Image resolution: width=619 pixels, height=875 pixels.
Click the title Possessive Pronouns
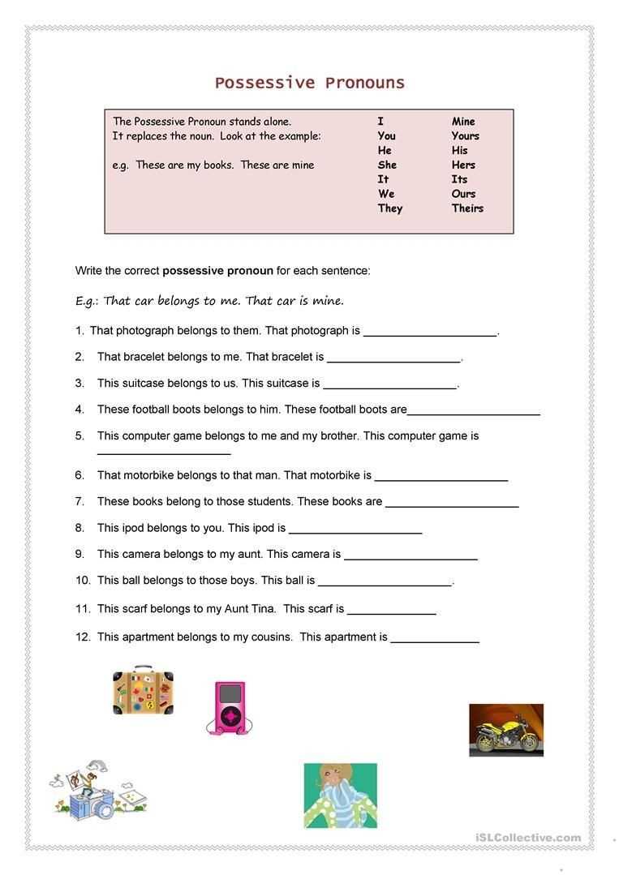[x=309, y=83]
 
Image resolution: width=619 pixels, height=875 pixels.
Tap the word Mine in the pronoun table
[x=463, y=122]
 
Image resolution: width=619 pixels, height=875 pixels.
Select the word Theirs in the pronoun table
[x=467, y=208]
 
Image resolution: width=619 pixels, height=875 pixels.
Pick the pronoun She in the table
[x=387, y=165]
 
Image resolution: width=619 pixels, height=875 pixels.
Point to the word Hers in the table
[x=463, y=165]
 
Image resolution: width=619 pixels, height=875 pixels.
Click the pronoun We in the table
[x=386, y=194]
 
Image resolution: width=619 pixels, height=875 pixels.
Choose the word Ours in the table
[x=463, y=194]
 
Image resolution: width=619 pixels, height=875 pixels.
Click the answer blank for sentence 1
[x=430, y=332]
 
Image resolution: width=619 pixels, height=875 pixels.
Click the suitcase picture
[x=144, y=691]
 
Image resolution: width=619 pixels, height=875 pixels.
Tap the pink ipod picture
[x=229, y=707]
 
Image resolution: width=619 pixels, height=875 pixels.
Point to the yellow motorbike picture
[x=506, y=730]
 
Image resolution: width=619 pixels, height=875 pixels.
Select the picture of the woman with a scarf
[x=340, y=795]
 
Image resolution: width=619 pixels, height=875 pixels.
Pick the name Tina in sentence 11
[x=263, y=608]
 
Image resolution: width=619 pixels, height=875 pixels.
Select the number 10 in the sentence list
[x=83, y=581]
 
